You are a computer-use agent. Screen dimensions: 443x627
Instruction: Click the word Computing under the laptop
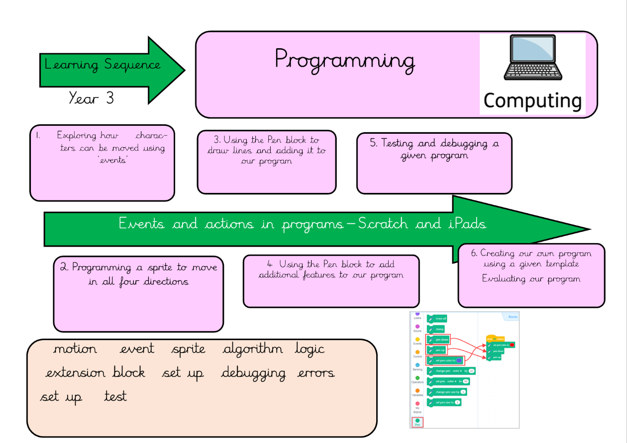tap(532, 101)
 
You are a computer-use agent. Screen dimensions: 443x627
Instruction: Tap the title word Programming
tap(344, 61)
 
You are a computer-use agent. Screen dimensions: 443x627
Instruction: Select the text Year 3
tap(91, 98)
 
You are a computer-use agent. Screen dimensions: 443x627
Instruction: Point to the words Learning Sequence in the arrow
tap(103, 65)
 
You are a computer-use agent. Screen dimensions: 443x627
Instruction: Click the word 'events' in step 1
tap(113, 161)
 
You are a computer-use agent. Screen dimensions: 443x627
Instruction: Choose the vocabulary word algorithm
tap(253, 350)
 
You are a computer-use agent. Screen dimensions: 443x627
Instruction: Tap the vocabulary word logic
tap(310, 350)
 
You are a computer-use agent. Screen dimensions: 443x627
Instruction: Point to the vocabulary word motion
tap(75, 349)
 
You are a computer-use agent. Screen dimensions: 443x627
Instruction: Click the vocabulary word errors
tap(316, 373)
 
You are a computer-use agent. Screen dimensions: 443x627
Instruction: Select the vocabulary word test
tap(115, 396)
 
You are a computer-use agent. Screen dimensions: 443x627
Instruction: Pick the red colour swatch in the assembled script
tap(512, 345)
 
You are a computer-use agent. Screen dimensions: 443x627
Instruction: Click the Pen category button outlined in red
tap(417, 422)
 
